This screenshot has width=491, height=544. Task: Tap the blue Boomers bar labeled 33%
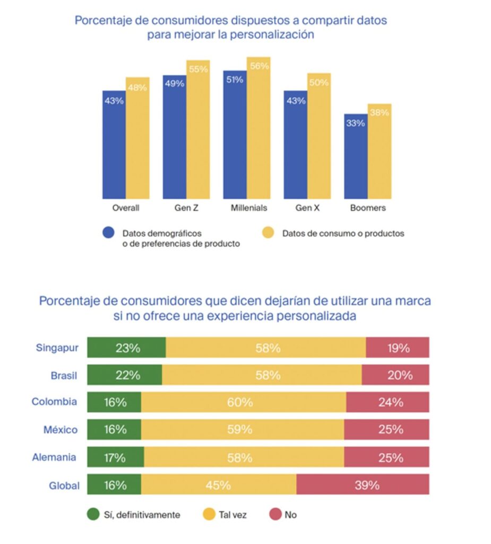356,156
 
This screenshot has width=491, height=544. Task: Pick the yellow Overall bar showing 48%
137,138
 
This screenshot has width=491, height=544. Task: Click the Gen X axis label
307,208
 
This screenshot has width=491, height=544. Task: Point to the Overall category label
126,208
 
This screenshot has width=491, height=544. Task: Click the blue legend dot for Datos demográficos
108,233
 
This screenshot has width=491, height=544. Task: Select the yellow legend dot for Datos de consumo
269,233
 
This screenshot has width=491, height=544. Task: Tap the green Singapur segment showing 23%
127,348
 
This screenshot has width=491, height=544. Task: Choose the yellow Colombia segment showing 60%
244,403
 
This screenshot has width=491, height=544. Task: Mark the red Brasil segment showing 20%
395,375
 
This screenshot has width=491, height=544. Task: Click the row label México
61,430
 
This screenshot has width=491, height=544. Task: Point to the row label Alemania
54,457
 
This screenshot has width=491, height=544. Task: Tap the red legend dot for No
275,514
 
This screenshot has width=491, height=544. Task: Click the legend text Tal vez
232,515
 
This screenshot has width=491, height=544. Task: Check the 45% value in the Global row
219,485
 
